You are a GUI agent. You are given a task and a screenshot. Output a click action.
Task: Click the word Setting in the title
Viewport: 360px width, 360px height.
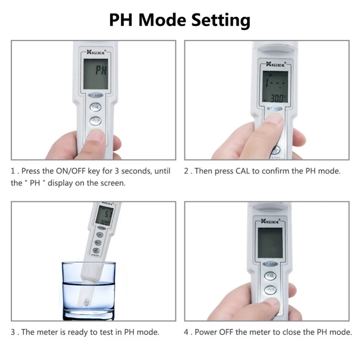click(x=220, y=20)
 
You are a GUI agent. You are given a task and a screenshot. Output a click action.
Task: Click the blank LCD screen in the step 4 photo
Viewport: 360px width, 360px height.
click(x=270, y=243)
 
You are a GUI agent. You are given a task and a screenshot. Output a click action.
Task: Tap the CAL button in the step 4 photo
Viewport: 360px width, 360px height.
click(x=270, y=275)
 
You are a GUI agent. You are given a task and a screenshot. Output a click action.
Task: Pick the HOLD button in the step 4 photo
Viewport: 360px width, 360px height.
click(x=270, y=290)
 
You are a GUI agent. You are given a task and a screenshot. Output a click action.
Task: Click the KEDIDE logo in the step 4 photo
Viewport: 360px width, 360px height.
click(x=270, y=221)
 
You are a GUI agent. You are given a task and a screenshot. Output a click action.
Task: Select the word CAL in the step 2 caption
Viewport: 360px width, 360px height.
click(x=243, y=171)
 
